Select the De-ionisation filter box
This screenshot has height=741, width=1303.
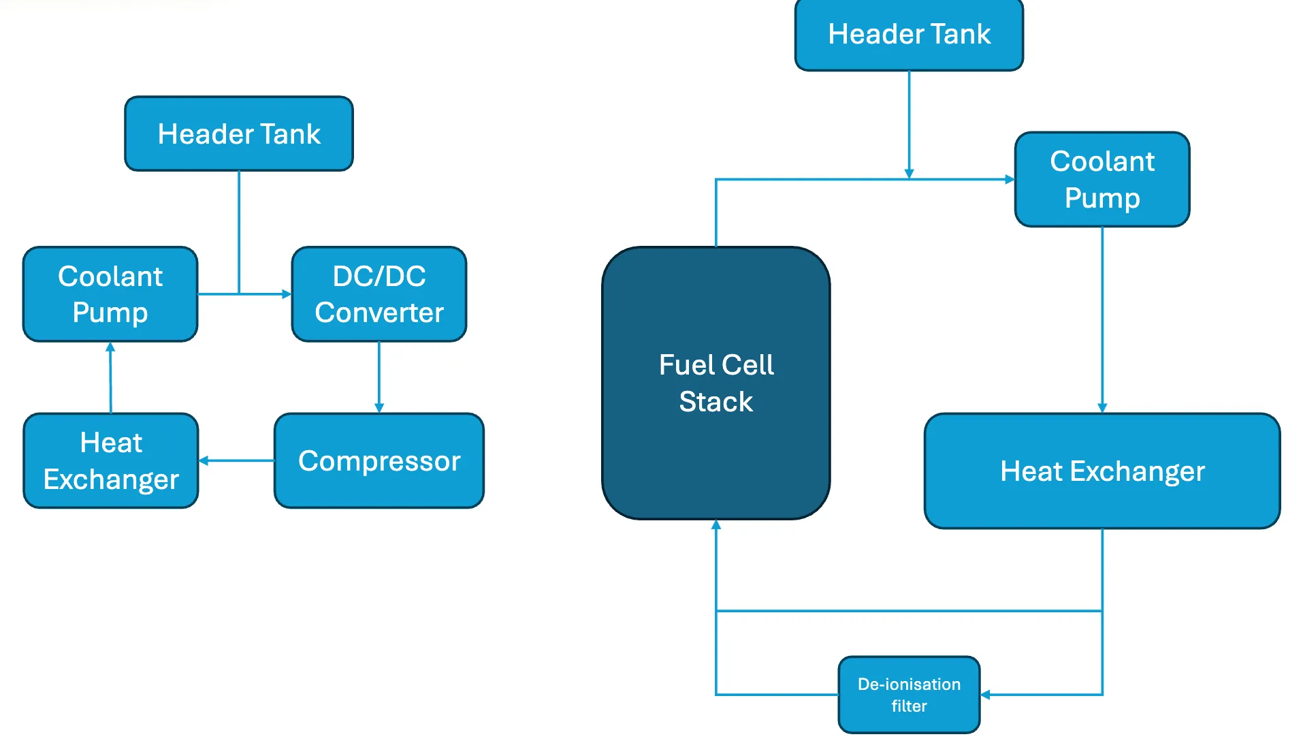[x=908, y=694]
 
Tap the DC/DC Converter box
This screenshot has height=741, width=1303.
[x=379, y=294]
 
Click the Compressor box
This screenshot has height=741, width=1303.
[x=379, y=461]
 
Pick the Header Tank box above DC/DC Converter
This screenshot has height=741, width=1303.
[x=239, y=133]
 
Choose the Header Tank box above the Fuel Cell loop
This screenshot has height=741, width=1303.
[x=908, y=34]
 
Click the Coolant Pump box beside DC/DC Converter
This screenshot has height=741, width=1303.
[x=110, y=294]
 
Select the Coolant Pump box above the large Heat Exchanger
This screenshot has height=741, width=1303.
[x=1101, y=179]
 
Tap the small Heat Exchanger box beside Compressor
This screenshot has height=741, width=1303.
[x=111, y=461]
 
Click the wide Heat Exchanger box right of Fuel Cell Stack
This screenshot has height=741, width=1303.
[x=1101, y=471]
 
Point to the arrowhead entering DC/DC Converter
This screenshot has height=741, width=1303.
[x=287, y=294]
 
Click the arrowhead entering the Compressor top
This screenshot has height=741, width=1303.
[x=379, y=407]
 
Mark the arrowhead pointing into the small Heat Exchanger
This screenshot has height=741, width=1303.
[x=204, y=461]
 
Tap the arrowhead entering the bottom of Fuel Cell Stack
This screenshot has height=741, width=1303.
[x=715, y=525]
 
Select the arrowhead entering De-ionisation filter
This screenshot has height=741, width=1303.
[x=985, y=695]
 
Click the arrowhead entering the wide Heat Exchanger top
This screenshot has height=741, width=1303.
[x=1102, y=407]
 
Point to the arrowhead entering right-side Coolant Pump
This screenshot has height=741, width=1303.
[x=1010, y=179]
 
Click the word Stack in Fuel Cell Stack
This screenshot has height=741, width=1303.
[x=715, y=402]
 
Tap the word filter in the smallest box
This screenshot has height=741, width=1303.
[x=909, y=706]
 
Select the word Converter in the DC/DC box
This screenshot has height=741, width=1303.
[x=379, y=313]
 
